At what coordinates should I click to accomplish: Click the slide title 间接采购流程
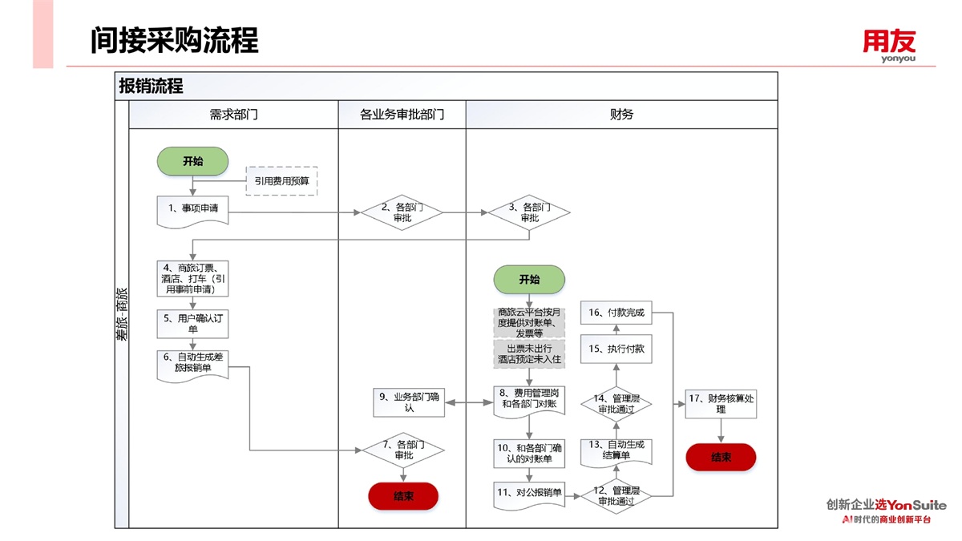[x=174, y=40]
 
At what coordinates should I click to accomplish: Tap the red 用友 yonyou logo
[x=889, y=44]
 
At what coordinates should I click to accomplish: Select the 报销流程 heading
[x=151, y=86]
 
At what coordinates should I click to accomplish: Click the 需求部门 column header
[x=233, y=115]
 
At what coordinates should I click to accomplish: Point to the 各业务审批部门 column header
[x=402, y=115]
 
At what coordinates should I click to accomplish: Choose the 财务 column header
[x=621, y=115]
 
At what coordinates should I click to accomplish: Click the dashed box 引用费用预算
[x=281, y=180]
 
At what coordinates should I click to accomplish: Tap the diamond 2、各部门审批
[x=402, y=212]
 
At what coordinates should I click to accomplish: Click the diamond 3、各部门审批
[x=530, y=212]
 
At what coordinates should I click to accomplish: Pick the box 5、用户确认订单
[x=193, y=323]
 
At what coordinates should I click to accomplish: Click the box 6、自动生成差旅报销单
[x=193, y=362]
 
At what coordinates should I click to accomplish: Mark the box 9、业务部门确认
[x=409, y=402]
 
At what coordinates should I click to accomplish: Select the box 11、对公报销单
[x=529, y=493]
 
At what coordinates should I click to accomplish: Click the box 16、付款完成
[x=616, y=313]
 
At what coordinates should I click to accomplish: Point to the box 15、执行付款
[x=616, y=349]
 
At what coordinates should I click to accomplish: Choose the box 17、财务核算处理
[x=721, y=403]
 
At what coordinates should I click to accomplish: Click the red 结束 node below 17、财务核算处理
[x=721, y=457]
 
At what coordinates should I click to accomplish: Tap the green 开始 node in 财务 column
[x=529, y=280]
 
